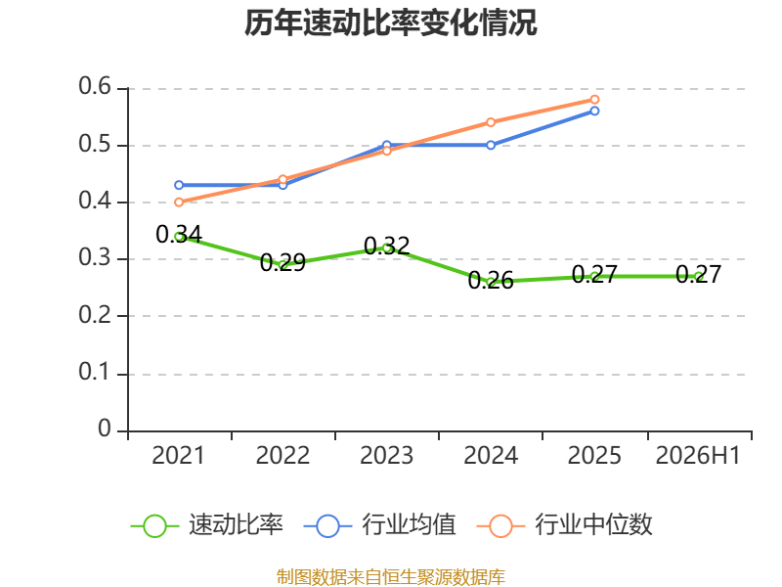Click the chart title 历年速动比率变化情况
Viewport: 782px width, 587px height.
(390, 23)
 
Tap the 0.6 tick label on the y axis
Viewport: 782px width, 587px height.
(95, 86)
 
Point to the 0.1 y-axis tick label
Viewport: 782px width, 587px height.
(95, 372)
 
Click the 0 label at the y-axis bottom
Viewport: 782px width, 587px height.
(105, 429)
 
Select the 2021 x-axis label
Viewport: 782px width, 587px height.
(178, 455)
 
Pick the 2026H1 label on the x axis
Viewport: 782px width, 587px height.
(698, 455)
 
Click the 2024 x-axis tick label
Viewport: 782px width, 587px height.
(491, 455)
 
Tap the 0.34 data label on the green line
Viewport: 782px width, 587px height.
(179, 234)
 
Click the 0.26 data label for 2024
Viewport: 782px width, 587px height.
(491, 281)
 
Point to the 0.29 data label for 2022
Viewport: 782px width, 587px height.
(282, 262)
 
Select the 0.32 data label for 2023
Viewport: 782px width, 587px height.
(387, 246)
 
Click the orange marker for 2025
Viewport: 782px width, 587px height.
(594, 100)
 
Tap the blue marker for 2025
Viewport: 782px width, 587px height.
(594, 111)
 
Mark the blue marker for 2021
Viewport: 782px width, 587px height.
(179, 185)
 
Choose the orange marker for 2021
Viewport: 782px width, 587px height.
(179, 203)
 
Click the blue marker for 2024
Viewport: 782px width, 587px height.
(491, 145)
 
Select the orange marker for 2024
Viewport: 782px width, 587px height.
(491, 122)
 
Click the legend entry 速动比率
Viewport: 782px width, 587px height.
(207, 525)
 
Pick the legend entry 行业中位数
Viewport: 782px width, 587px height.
(565, 525)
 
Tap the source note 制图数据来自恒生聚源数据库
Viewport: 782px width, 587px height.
(391, 577)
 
